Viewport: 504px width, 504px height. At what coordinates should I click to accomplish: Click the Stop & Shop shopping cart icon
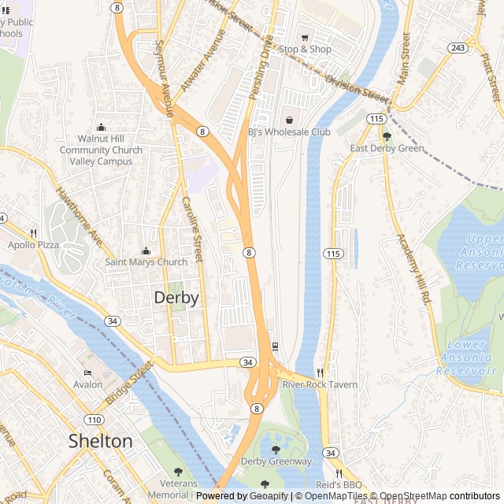305,37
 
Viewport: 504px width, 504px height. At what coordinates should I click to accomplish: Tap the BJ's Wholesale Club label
289,132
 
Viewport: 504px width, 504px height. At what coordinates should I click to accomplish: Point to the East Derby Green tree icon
387,136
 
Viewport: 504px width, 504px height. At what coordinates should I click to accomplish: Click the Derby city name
176,298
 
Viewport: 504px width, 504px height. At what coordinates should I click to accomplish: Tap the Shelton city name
100,441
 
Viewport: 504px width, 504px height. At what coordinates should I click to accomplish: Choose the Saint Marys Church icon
145,250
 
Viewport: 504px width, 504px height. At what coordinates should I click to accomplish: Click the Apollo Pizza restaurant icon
33,233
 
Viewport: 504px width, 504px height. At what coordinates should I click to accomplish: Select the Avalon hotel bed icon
87,373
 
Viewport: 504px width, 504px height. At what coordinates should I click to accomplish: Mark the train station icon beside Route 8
275,346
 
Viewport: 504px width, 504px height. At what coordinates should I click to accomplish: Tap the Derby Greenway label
276,461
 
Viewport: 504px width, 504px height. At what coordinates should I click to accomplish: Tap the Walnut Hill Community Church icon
101,128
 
